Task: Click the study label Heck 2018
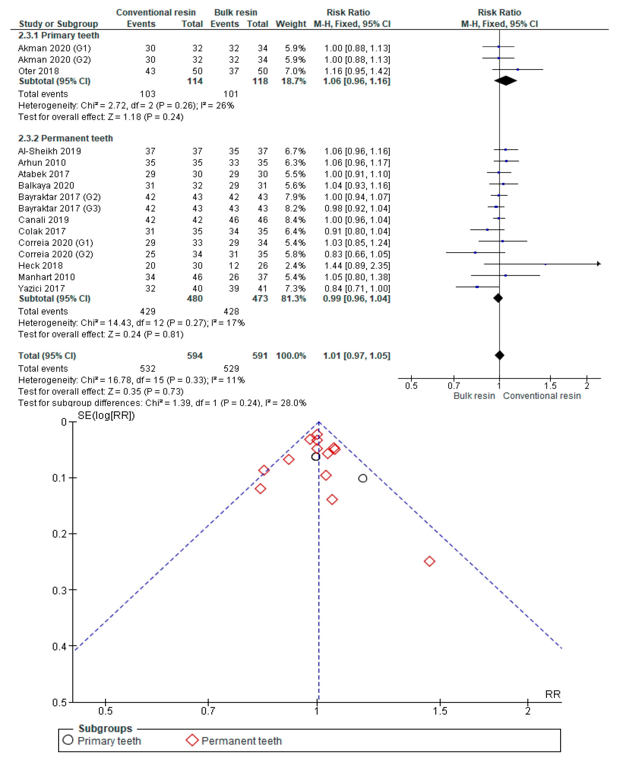pos(40,266)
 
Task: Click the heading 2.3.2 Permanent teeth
pos(66,138)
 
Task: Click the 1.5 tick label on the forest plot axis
pos(550,386)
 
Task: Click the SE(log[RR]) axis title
pos(106,416)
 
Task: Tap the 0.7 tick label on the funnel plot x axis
pos(208,711)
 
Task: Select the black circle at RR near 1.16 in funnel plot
pos(363,478)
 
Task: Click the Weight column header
pos(291,24)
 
